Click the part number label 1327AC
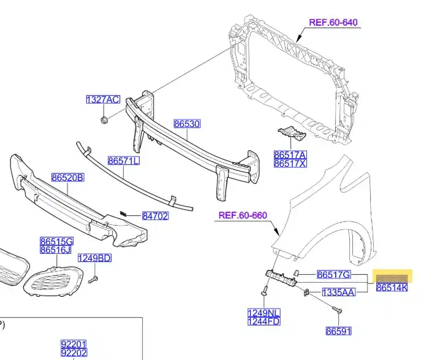point(102,99)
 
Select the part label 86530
point(187,124)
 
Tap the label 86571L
point(124,161)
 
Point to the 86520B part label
point(67,178)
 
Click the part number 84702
point(155,216)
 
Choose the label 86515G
point(56,241)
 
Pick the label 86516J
point(56,250)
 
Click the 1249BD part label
point(94,258)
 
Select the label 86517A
point(290,155)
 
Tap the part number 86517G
point(334,274)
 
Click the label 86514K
point(392,287)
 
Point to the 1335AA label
point(339,293)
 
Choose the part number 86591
point(338,331)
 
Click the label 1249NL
point(263,313)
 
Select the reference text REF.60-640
point(333,23)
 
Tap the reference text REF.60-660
point(243,215)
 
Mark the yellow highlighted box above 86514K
point(393,275)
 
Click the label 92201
point(74,344)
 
